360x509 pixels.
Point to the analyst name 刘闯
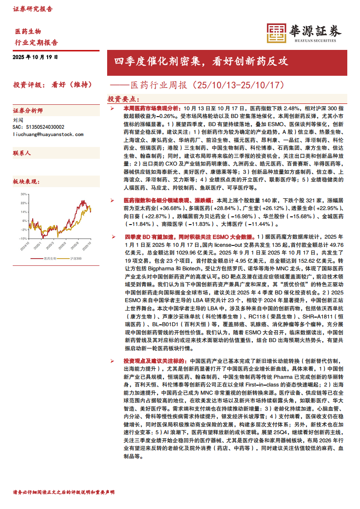tap(18, 121)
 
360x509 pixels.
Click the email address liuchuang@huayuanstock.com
tap(48, 135)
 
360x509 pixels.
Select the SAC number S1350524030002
tap(39, 127)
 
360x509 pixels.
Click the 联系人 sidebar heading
tap(22, 153)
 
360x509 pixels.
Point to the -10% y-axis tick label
tap(23, 238)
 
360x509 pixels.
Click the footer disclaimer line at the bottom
tap(64, 492)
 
